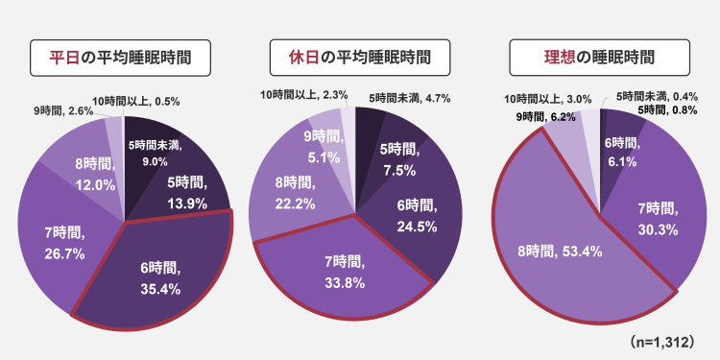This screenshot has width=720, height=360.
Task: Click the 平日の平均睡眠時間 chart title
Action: pos(120,58)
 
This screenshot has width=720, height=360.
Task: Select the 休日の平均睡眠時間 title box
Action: pos(360,58)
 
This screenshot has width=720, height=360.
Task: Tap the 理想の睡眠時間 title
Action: pos(599,58)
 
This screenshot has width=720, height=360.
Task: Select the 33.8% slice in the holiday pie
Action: pos(345,271)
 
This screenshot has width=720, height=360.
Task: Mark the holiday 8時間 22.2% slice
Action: pos(294,193)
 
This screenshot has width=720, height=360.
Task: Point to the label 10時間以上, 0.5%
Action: pos(135,102)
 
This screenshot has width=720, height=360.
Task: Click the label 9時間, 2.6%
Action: pos(63,110)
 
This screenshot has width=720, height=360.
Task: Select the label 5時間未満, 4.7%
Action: pos(410,98)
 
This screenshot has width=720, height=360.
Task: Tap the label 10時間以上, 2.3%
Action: pos(303,95)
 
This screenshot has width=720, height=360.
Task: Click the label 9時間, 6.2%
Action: pos(545,117)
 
